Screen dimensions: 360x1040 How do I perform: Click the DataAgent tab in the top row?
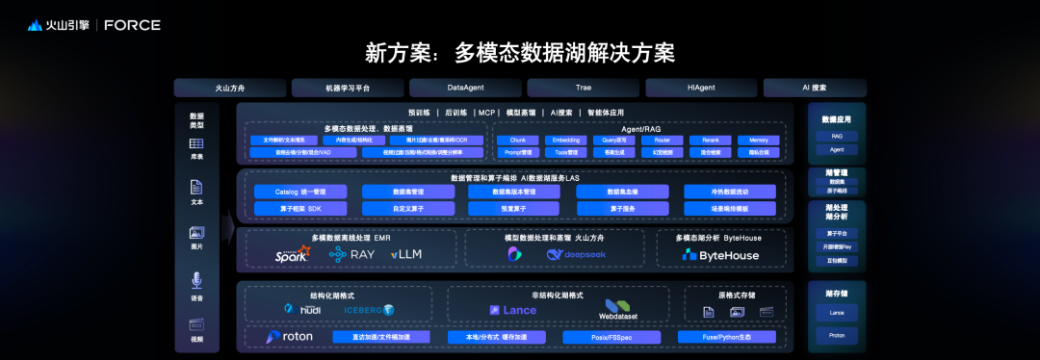(x=465, y=88)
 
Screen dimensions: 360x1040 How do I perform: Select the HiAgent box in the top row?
(x=701, y=88)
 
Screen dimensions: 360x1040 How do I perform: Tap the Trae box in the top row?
(x=584, y=88)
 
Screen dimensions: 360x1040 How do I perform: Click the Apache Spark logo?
(x=292, y=254)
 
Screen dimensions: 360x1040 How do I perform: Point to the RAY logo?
(x=351, y=254)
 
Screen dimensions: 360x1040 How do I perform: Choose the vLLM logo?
(x=405, y=254)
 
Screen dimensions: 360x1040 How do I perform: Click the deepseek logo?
(x=574, y=254)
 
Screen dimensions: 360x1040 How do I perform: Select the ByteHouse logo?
(x=721, y=254)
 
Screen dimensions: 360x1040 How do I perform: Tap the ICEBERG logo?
(x=369, y=309)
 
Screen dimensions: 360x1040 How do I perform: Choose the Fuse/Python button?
(x=726, y=337)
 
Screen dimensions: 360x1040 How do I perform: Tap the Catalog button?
(x=300, y=192)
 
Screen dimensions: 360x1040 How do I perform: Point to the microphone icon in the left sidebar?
(x=196, y=280)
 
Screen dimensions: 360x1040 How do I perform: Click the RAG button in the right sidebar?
(x=836, y=137)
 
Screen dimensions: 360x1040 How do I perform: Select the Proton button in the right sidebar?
(x=836, y=335)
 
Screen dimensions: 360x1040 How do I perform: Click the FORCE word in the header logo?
(x=132, y=25)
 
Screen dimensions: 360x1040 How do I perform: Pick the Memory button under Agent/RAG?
(x=758, y=140)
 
